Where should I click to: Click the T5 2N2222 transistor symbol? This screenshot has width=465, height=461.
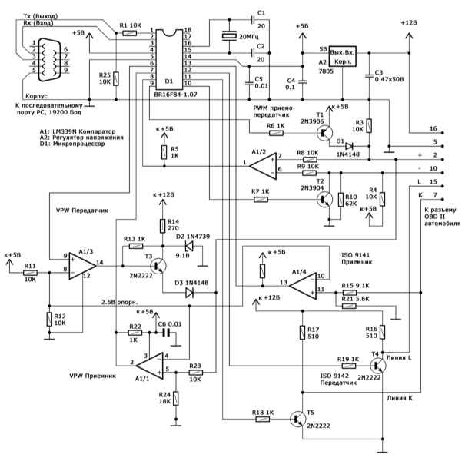(297, 419)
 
